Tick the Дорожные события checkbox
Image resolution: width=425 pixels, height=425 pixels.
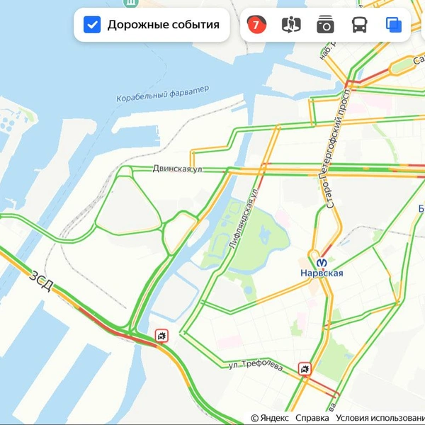pyautogui.click(x=92, y=25)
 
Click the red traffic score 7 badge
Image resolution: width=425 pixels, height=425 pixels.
pyautogui.click(x=256, y=25)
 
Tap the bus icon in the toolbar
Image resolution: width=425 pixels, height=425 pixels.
pyautogui.click(x=360, y=25)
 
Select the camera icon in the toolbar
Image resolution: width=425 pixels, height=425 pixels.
pyautogui.click(x=325, y=25)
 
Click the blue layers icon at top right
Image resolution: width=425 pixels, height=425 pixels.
pyautogui.click(x=394, y=25)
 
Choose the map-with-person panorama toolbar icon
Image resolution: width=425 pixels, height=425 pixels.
pyautogui.click(x=291, y=25)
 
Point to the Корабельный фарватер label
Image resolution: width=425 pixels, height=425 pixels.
pyautogui.click(x=163, y=93)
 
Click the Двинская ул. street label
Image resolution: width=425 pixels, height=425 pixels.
pyautogui.click(x=178, y=169)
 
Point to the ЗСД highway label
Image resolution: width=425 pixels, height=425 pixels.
pyautogui.click(x=41, y=280)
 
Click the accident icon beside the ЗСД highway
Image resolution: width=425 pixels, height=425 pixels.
pyautogui.click(x=163, y=335)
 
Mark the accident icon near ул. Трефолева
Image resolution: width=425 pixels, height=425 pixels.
pyautogui.click(x=305, y=368)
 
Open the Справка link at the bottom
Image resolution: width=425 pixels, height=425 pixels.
pyautogui.click(x=312, y=419)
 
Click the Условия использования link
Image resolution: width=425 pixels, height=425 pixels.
pyautogui.click(x=380, y=419)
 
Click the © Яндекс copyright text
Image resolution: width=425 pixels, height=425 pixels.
pyautogui.click(x=269, y=419)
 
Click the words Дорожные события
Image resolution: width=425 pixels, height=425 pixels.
pyautogui.click(x=163, y=25)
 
